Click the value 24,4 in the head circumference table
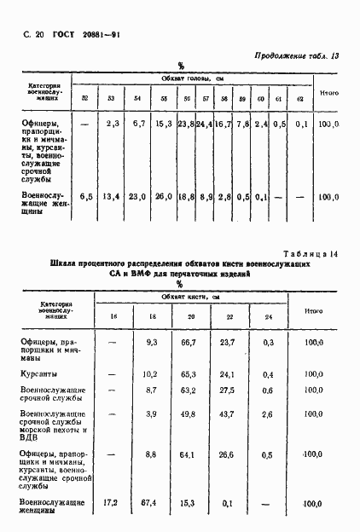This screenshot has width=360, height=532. coord(205,124)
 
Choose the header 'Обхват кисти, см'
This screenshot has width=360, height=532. coord(191,296)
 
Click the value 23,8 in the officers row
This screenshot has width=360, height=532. coord(187,124)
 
